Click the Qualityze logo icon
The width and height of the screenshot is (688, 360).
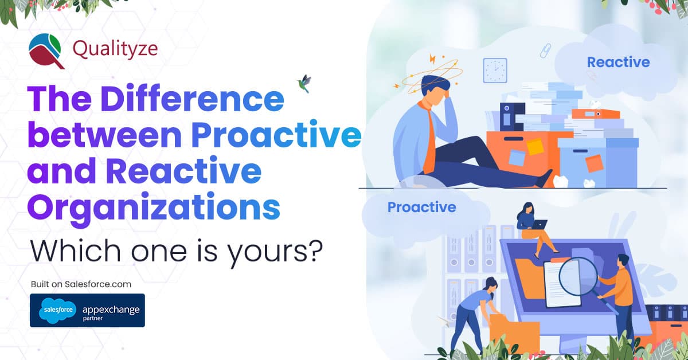pos(47,50)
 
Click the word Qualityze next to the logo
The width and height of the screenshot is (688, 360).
pos(115,49)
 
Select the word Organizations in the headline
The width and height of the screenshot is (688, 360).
pos(154,208)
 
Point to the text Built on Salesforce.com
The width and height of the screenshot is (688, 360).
pos(81,284)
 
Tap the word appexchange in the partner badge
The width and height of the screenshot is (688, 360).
pos(110,309)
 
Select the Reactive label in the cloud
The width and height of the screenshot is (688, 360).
pos(618,62)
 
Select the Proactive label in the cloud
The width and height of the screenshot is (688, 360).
pos(421,207)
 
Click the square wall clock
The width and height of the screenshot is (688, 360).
pos(494,70)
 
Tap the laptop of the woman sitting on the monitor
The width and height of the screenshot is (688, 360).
pos(538,225)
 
